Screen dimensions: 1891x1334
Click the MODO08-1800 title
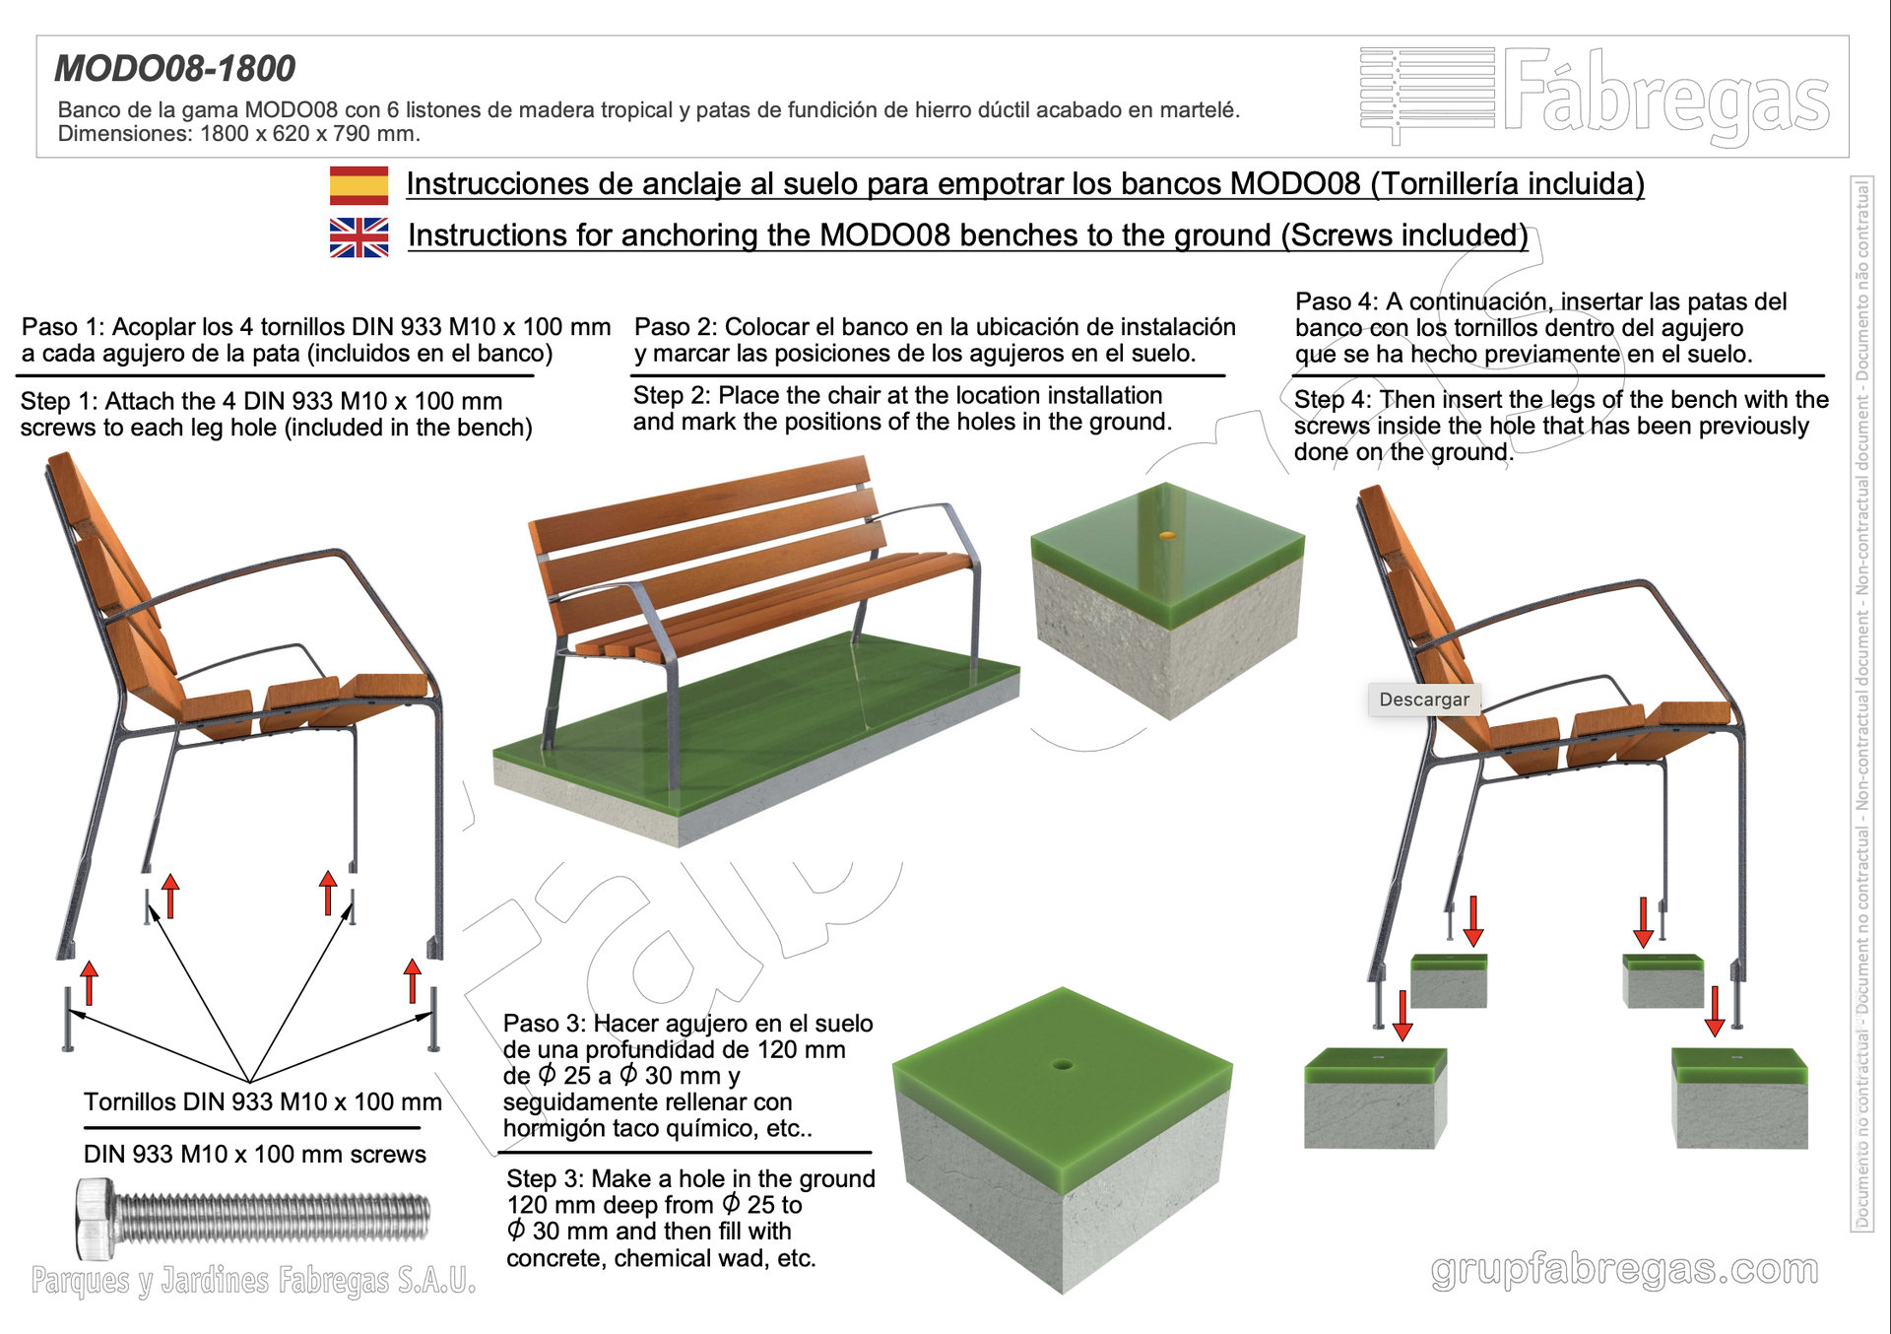coord(174,68)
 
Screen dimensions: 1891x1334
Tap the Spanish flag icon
coord(359,185)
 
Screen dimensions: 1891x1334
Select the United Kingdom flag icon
coord(359,237)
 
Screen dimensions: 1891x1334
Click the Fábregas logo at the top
coord(1595,97)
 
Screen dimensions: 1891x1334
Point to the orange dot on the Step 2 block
coord(1167,536)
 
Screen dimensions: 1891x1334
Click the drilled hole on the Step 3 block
coord(1062,1064)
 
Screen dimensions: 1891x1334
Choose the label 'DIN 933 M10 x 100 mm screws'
coord(255,1154)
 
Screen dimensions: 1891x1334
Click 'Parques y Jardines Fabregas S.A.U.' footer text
coord(253,1280)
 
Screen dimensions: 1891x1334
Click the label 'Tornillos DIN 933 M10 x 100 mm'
coord(263,1101)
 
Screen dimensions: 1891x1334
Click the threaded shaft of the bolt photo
coord(275,1217)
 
